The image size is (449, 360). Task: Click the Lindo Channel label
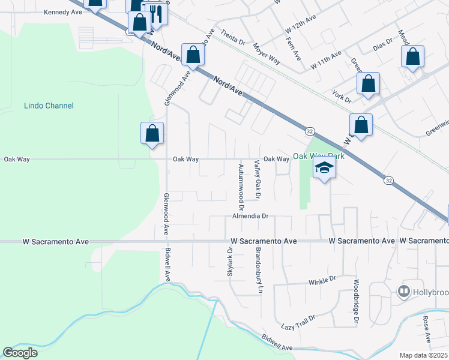(49, 106)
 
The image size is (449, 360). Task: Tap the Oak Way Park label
(319, 157)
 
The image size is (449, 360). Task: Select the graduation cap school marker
(324, 169)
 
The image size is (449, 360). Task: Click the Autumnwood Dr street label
(241, 182)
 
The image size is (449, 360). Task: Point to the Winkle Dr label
(323, 280)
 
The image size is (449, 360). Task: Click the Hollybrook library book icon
(404, 292)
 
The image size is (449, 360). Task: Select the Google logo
(20, 352)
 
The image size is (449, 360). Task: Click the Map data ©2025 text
(423, 355)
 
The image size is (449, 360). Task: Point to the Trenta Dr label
(233, 38)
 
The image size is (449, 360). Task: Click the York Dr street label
(341, 96)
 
